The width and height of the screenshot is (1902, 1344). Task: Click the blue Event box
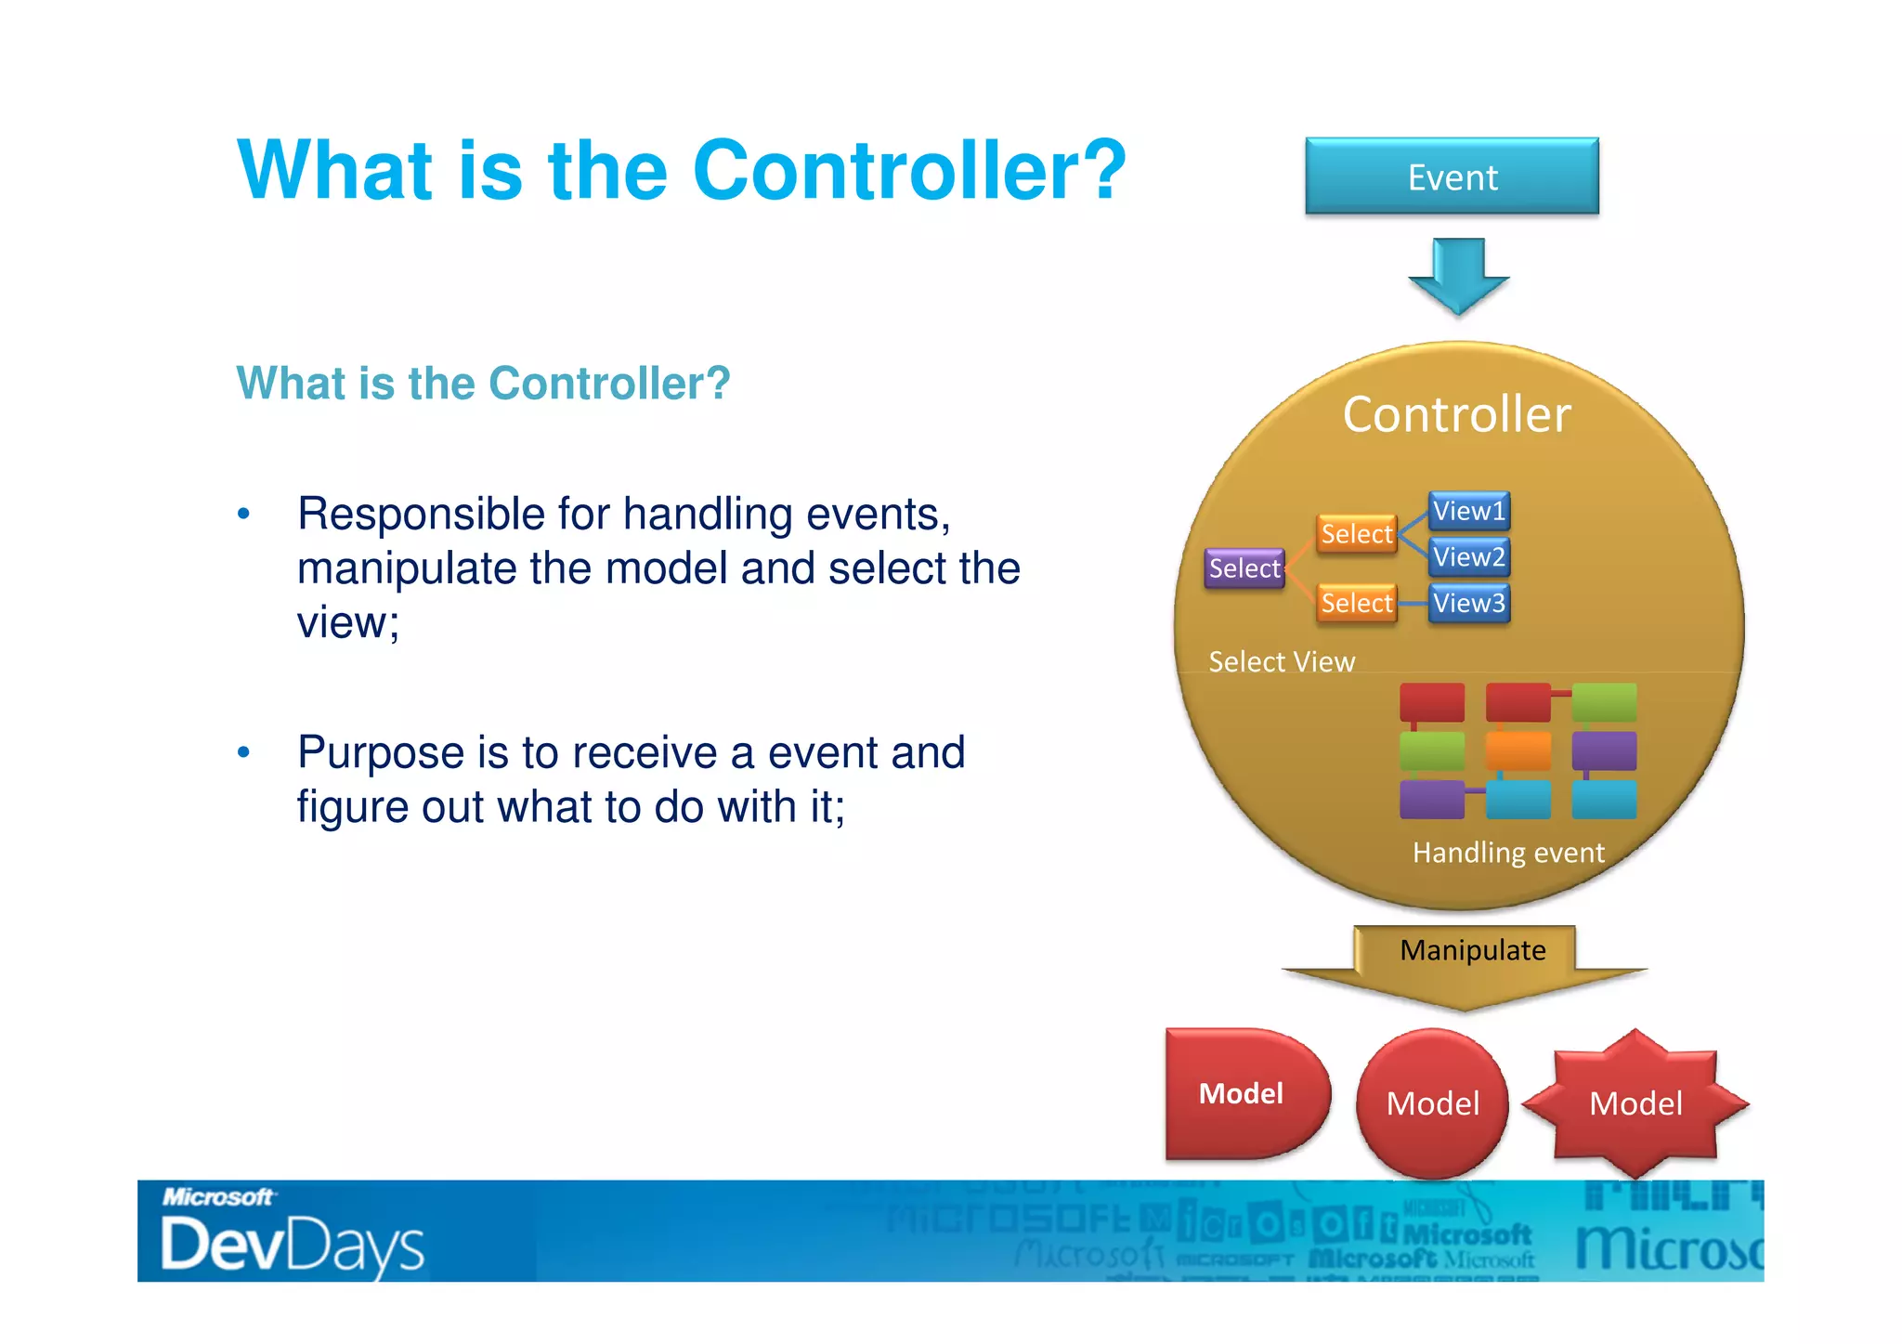[x=1452, y=176]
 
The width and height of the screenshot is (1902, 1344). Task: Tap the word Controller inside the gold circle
[x=1456, y=414]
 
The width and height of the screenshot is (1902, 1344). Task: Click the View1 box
[x=1468, y=511]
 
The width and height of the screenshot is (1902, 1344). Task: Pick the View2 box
[x=1468, y=557]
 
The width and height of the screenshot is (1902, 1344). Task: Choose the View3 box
[x=1468, y=603]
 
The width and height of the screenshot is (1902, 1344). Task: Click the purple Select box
[x=1244, y=568]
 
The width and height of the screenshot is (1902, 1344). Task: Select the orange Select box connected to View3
[x=1357, y=604]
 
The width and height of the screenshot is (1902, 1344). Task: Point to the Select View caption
[x=1282, y=661]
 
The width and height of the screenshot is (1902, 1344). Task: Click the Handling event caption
[x=1508, y=853]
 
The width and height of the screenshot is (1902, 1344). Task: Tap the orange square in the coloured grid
[x=1518, y=750]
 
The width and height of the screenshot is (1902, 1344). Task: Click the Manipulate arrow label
[x=1473, y=950]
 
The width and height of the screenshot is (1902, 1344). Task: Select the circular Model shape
[x=1432, y=1103]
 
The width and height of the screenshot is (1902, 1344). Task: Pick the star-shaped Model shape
[x=1635, y=1103]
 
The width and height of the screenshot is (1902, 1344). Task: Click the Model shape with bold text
[x=1242, y=1093]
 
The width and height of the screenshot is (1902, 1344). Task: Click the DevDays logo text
[x=292, y=1245]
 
